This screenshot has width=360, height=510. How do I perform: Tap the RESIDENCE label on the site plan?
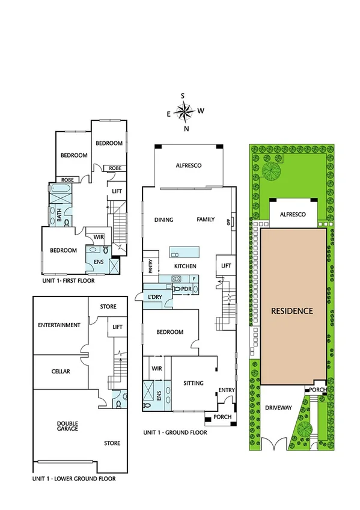point(292,311)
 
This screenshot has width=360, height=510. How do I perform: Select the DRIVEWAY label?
point(278,408)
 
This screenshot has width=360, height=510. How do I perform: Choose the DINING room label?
point(163,220)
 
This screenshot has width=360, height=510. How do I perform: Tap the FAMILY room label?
point(206,220)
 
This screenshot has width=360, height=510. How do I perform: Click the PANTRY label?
point(150,266)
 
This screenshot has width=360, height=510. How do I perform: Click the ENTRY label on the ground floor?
point(227,391)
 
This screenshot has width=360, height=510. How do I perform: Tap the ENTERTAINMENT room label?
point(59,325)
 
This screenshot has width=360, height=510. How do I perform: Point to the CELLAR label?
point(60,372)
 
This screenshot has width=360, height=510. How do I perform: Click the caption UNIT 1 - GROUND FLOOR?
point(175,432)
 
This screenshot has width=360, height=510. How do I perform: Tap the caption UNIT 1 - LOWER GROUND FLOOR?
point(74,479)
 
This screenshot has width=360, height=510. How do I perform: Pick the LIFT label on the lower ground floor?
point(118,326)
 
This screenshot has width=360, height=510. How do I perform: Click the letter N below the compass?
point(187,129)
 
